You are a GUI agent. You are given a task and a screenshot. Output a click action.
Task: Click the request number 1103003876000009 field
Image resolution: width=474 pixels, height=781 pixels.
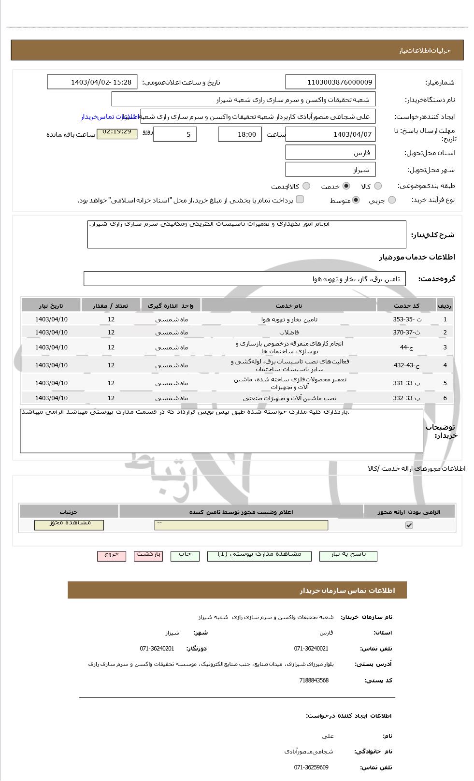(x=330, y=82)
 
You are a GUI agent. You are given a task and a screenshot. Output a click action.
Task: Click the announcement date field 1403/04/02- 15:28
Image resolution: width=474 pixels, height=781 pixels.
(x=92, y=82)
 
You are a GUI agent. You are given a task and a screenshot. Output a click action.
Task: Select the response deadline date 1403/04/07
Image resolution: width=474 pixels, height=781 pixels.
(x=330, y=134)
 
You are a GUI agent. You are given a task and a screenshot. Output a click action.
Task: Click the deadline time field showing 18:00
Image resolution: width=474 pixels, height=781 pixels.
(x=240, y=134)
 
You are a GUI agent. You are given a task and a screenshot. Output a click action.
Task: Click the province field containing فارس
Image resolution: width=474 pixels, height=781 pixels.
(x=330, y=153)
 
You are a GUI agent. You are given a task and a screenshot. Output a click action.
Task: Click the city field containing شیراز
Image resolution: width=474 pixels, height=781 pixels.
(x=330, y=170)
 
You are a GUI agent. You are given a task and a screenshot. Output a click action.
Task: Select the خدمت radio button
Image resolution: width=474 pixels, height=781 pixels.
(x=346, y=186)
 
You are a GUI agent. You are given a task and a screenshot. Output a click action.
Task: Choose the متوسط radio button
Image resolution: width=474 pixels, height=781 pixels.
(x=356, y=200)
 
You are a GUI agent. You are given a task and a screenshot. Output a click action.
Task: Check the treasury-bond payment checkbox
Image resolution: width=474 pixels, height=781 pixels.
(x=300, y=200)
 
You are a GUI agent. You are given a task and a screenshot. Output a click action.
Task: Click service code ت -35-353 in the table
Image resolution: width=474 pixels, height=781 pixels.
(x=407, y=319)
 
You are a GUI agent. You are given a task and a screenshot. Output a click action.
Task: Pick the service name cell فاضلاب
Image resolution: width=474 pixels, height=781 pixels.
(x=289, y=333)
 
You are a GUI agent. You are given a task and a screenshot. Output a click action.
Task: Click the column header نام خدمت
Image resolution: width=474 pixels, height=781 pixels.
(x=289, y=306)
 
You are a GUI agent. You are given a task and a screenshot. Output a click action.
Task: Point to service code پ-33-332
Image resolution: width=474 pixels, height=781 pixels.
(x=407, y=398)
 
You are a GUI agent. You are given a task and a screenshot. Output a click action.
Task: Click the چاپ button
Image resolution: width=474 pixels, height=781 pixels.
(x=185, y=555)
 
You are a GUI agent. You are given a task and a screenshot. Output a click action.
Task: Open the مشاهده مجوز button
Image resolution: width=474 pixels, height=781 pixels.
(x=69, y=524)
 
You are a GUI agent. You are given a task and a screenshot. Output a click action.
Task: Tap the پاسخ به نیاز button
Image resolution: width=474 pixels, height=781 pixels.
(x=348, y=555)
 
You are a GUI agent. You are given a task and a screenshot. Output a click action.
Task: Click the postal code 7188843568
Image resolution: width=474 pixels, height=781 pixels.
(x=314, y=680)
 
